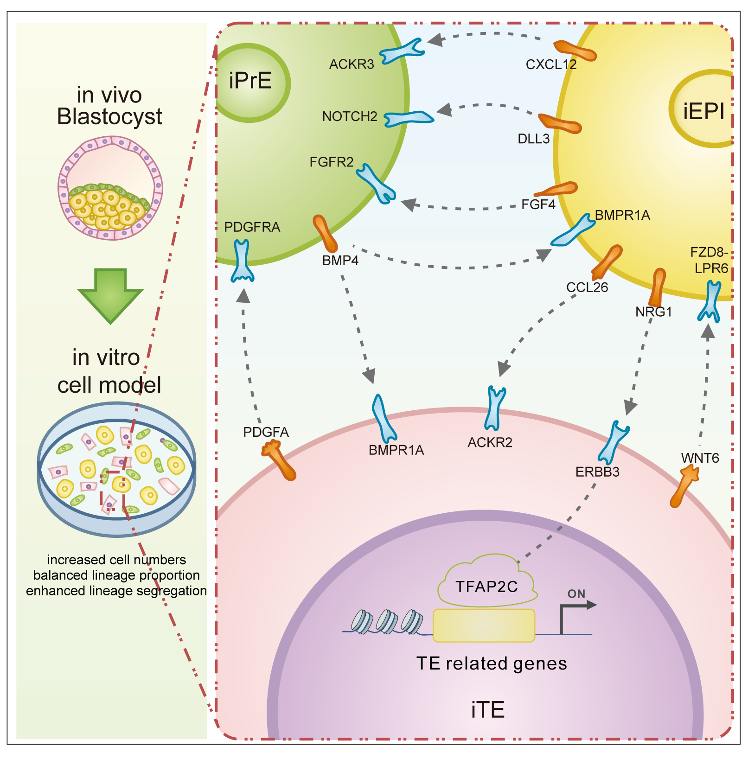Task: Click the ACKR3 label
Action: [x=351, y=64]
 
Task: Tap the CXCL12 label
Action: [x=551, y=64]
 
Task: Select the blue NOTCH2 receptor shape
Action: [x=408, y=118]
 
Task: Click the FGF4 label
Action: [x=538, y=204]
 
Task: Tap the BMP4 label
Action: [x=340, y=261]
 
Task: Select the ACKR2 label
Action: [x=490, y=443]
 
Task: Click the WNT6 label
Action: [x=700, y=459]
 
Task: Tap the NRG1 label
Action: [x=653, y=312]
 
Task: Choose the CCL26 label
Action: [x=587, y=287]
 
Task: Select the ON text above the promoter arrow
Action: [x=576, y=594]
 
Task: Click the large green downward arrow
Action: [x=110, y=295]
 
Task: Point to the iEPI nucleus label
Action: [x=703, y=111]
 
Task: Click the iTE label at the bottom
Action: [x=487, y=710]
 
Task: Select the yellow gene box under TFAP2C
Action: [x=484, y=625]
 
